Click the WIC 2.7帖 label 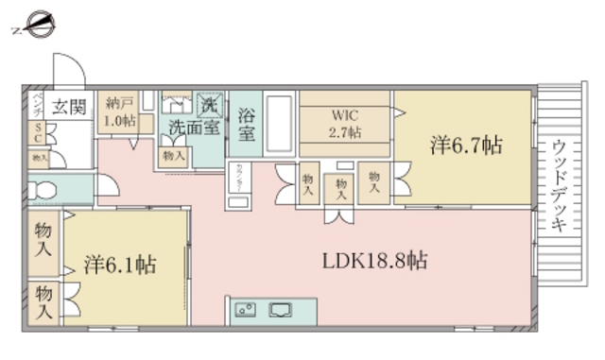point(345,125)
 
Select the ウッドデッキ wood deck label point(559,186)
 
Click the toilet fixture point(42,189)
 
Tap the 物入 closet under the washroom point(172,155)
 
